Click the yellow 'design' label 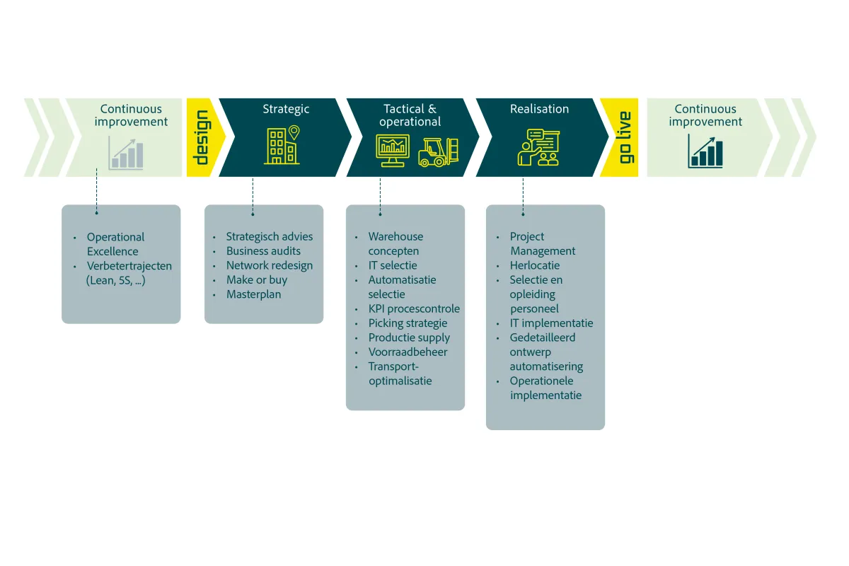pos(202,137)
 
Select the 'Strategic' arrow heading pos(286,109)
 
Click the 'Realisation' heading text pos(539,109)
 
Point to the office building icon pos(282,146)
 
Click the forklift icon pos(439,152)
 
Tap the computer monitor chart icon pos(393,151)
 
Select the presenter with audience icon pos(538,147)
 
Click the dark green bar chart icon pos(705,151)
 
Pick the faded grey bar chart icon pos(126,153)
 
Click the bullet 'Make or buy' pos(257,279)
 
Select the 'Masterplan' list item pos(253,294)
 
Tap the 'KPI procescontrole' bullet pos(414,308)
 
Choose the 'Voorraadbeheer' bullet pos(408,352)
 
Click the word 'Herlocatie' pos(534,265)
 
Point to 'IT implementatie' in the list pos(551,323)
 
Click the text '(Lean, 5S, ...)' pos(115,281)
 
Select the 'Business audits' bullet pos(263,251)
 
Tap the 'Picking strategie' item pos(408,323)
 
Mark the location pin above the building pos(294,132)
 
